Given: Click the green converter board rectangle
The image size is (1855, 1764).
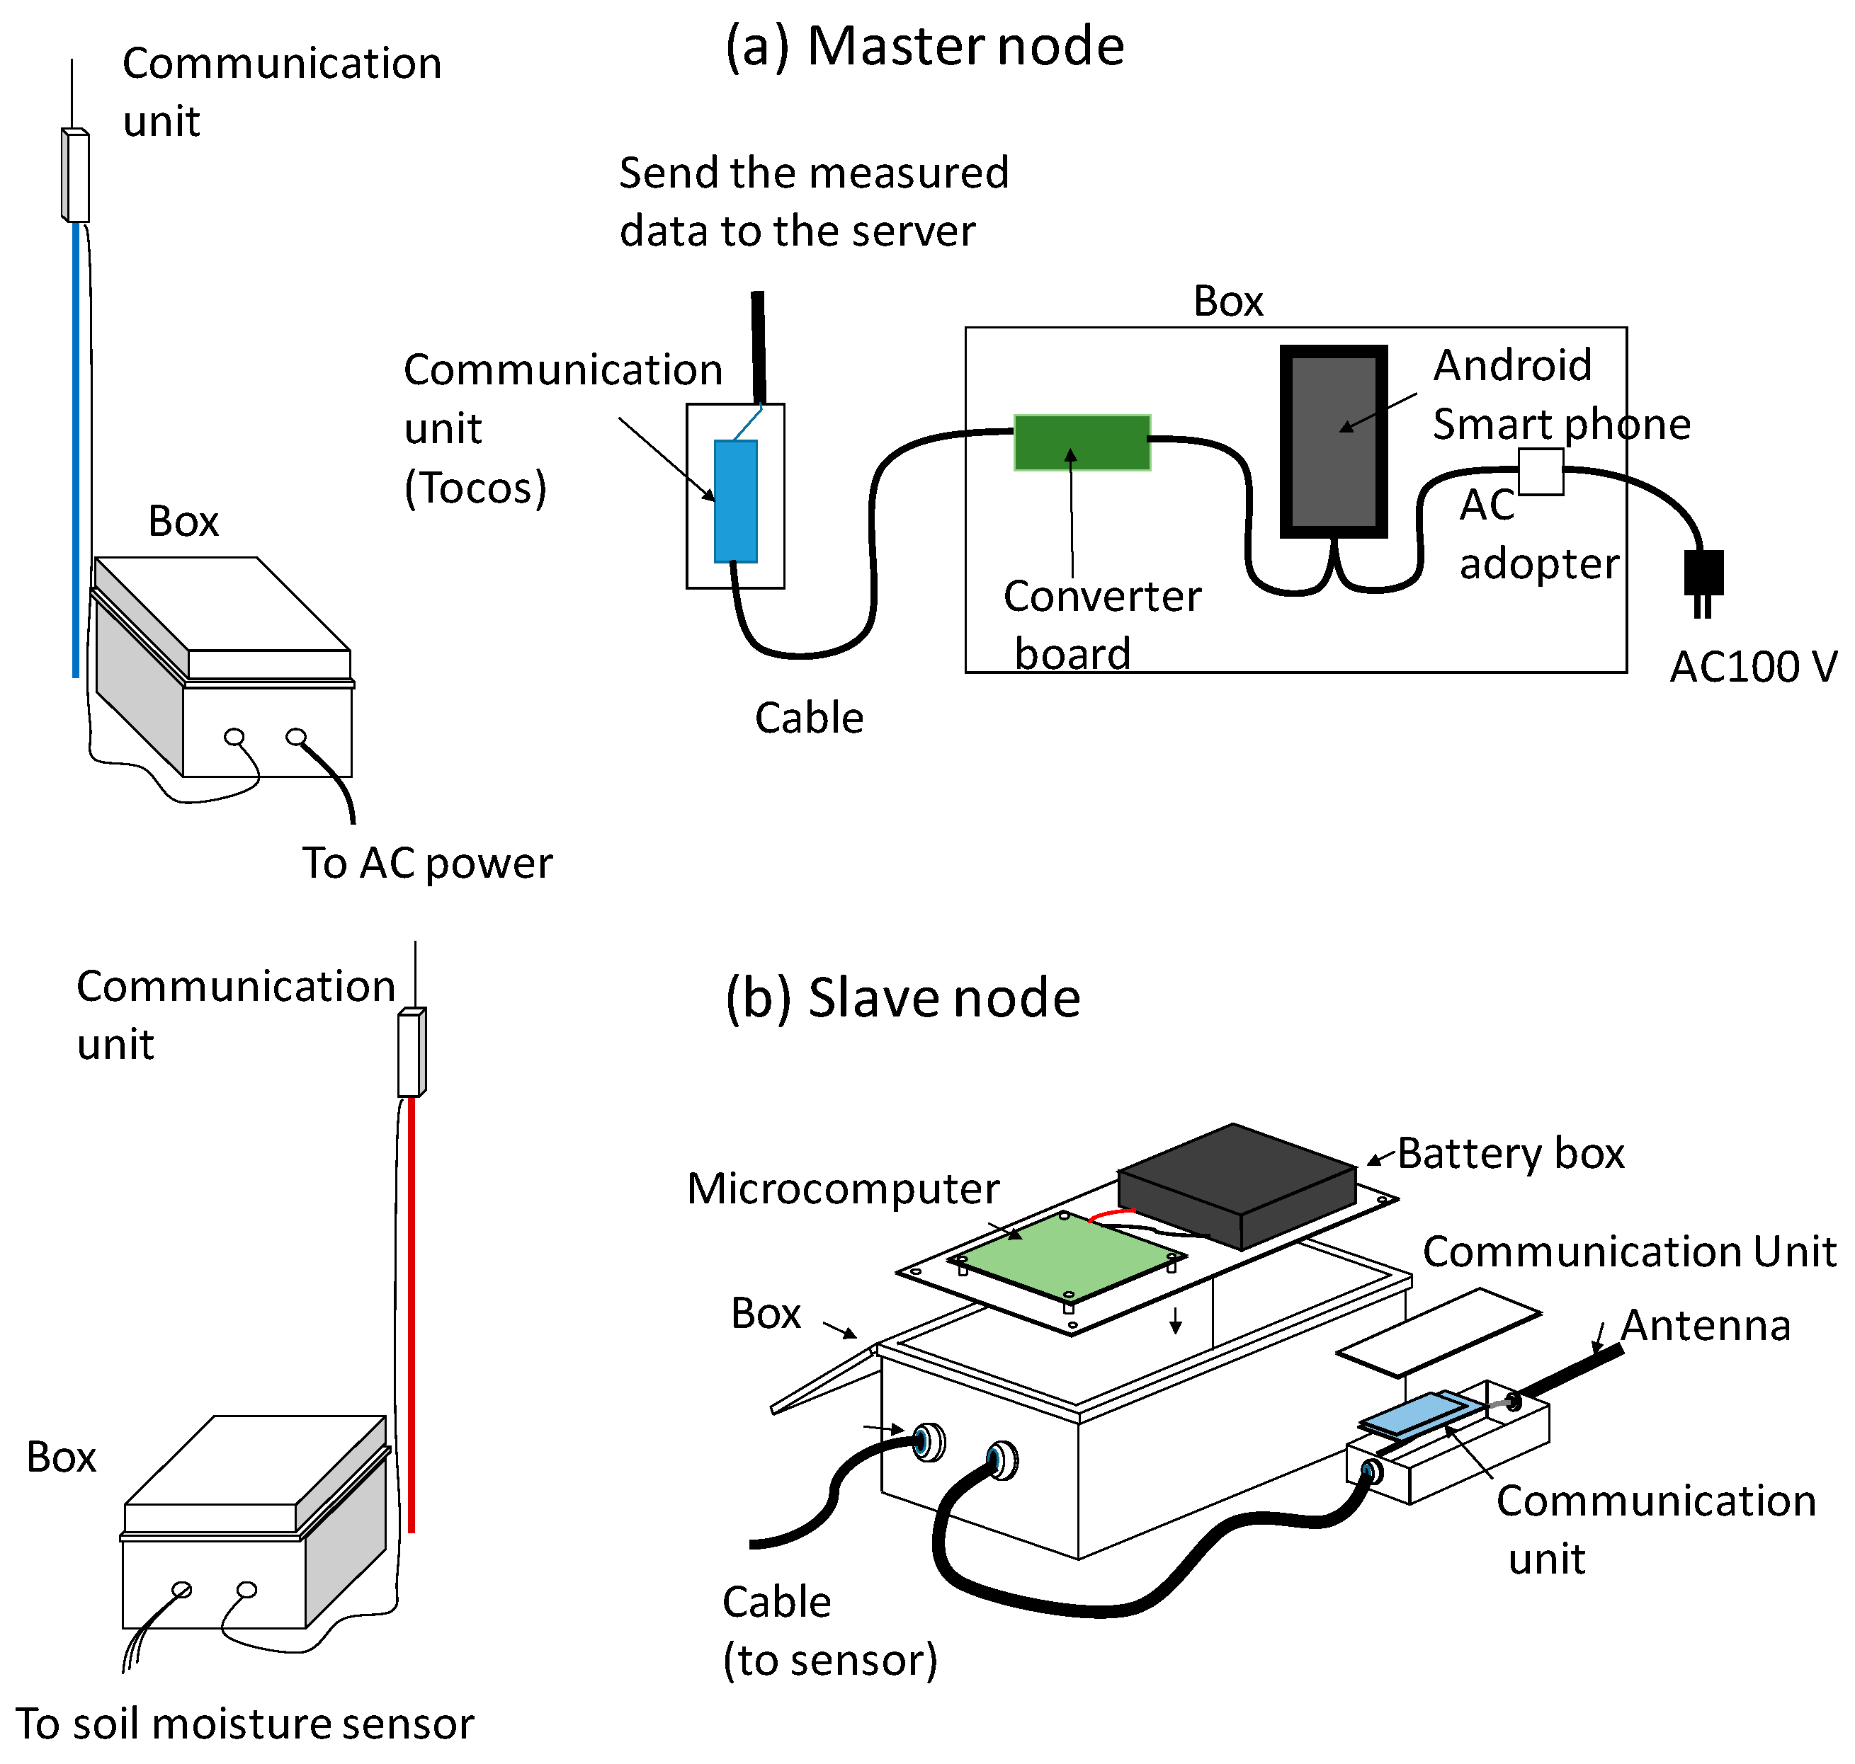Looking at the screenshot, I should [1081, 442].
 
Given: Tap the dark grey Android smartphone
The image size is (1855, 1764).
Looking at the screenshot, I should [1333, 442].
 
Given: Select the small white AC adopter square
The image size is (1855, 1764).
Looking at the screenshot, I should [1540, 471].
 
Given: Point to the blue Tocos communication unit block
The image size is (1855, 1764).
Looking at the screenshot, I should [736, 500].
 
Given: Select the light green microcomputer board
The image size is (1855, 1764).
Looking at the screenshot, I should [1066, 1256].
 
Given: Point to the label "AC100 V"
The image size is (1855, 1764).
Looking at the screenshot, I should [1752, 667].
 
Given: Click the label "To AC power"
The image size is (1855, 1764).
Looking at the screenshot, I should [427, 862].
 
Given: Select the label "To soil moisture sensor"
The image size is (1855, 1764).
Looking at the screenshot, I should [244, 1723].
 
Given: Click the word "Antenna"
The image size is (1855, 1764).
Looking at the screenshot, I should [1705, 1325].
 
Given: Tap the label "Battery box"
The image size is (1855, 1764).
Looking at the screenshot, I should [1510, 1153].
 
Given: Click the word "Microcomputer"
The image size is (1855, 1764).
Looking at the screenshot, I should [843, 1189].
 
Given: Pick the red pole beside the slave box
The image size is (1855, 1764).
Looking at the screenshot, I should [411, 1317].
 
